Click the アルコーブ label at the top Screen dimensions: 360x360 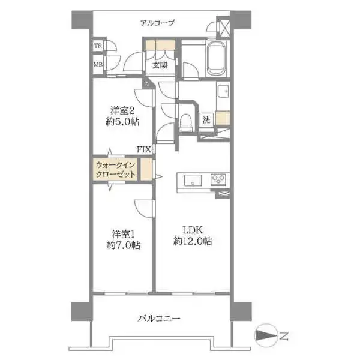tap(157, 23)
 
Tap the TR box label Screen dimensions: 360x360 tap(98, 46)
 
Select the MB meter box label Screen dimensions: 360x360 tap(98, 65)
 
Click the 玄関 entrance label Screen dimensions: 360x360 tap(160, 65)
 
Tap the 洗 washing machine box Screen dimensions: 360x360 tap(206, 119)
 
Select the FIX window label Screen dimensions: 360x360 tap(144, 149)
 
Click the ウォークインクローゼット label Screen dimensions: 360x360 tap(115, 170)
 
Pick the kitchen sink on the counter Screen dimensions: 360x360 tap(193, 180)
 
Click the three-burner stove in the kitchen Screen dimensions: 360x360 tap(218, 179)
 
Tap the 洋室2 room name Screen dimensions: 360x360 tap(122, 110)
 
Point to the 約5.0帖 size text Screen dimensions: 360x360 tap(122, 122)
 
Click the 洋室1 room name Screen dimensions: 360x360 tap(124, 235)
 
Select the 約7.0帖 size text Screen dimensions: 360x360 tap(124, 245)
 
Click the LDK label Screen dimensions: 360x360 tap(193, 230)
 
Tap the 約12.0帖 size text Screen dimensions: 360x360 tap(193, 241)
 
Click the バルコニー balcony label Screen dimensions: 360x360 tap(159, 319)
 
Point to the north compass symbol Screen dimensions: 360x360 tap(266, 335)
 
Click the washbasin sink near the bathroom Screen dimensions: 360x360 tap(223, 91)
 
